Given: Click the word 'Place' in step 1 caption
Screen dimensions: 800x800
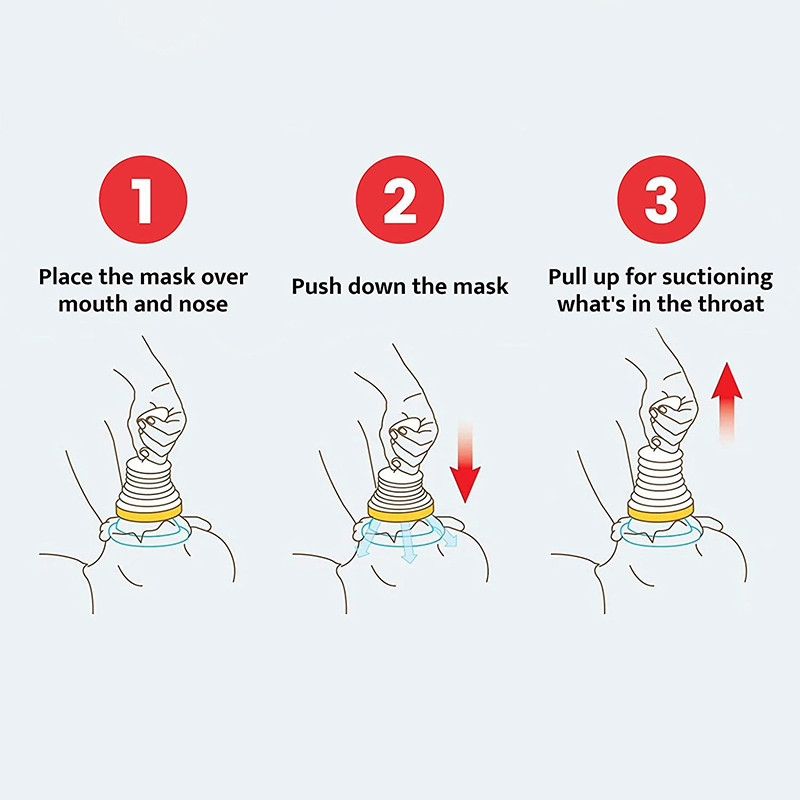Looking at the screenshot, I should (68, 276).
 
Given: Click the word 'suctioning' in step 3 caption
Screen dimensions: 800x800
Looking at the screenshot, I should (715, 276).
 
